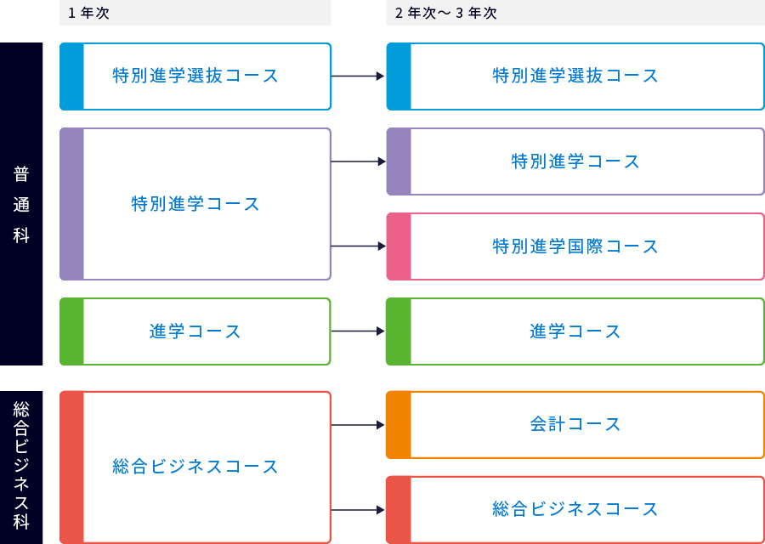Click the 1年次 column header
pyautogui.click(x=89, y=13)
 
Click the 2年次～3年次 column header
pyautogui.click(x=446, y=13)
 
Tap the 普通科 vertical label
pyautogui.click(x=21, y=204)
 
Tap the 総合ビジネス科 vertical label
pyautogui.click(x=21, y=466)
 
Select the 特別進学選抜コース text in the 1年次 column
pyautogui.click(x=195, y=76)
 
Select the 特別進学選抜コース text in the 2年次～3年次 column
pyautogui.click(x=575, y=76)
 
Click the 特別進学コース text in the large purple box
pyautogui.click(x=195, y=204)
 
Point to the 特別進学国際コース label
pyautogui.click(x=575, y=246)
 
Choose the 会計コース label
pyautogui.click(x=575, y=424)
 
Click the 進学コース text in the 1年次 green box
pyautogui.click(x=195, y=331)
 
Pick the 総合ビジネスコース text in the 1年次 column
pyautogui.click(x=195, y=467)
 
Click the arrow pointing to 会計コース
pyautogui.click(x=358, y=424)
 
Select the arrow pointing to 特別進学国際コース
pyautogui.click(x=358, y=246)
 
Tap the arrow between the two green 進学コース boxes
pyautogui.click(x=358, y=331)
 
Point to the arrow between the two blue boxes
pyautogui.click(x=358, y=76)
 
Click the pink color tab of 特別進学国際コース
pyautogui.click(x=399, y=246)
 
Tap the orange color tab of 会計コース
pyautogui.click(x=399, y=424)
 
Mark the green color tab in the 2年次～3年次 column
pyautogui.click(x=399, y=331)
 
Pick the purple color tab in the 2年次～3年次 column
pyautogui.click(x=399, y=161)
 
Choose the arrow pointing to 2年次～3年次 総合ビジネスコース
pyautogui.click(x=358, y=510)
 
